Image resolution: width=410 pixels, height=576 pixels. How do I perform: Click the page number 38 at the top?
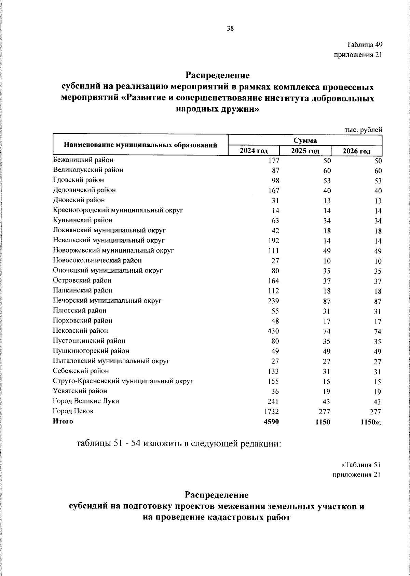point(230,29)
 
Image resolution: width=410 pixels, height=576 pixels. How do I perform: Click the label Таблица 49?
point(364,45)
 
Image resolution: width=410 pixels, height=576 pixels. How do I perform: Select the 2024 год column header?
point(254,151)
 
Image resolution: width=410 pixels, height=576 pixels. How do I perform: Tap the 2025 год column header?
point(305,151)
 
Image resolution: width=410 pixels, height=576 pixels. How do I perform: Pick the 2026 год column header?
point(356,151)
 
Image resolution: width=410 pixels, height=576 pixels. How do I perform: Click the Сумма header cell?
point(305,140)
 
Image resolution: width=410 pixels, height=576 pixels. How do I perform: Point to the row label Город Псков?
point(73,411)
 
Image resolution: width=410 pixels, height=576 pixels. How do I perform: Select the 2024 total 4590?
point(271,422)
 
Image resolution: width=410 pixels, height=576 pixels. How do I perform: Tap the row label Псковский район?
point(80,331)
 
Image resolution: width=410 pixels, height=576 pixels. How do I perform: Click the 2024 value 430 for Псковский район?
point(273,331)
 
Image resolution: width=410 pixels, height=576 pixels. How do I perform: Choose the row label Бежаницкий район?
point(83,160)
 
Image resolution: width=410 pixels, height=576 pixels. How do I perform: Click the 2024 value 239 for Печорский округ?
point(273,301)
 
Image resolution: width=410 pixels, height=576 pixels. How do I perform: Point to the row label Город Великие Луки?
point(86,401)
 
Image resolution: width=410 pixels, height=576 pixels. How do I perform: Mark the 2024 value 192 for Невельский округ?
point(273,241)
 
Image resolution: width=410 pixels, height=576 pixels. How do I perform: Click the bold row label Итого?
point(63,421)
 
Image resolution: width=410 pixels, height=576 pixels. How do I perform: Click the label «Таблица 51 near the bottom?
point(361,465)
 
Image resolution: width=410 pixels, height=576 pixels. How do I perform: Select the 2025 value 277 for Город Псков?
point(323,412)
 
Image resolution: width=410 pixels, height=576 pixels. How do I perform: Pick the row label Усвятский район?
point(80,391)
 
